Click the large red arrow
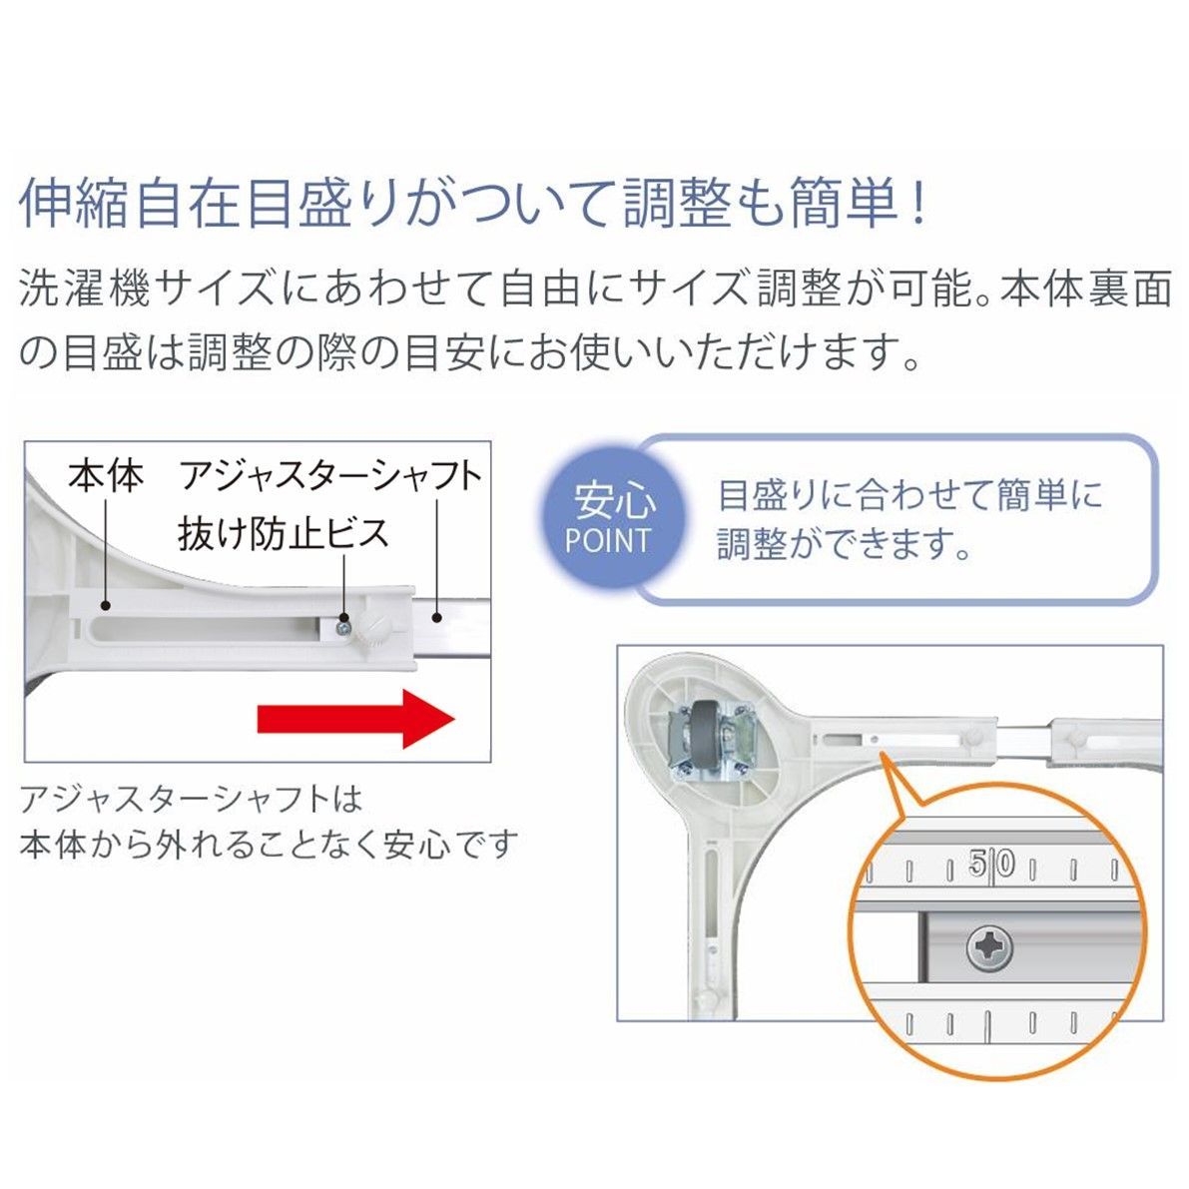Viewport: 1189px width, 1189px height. tap(354, 718)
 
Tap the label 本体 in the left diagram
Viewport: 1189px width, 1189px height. tap(106, 476)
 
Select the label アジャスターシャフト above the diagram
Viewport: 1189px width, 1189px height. tap(330, 476)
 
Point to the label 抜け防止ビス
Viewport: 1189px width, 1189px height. tap(283, 532)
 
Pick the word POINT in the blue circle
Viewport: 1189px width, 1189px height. tap(607, 541)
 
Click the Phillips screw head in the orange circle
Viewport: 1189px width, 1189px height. tap(989, 945)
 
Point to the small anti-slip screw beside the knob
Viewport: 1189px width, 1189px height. tap(343, 628)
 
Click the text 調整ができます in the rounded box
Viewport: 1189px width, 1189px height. tap(845, 544)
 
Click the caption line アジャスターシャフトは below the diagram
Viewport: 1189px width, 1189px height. tap(191, 799)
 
